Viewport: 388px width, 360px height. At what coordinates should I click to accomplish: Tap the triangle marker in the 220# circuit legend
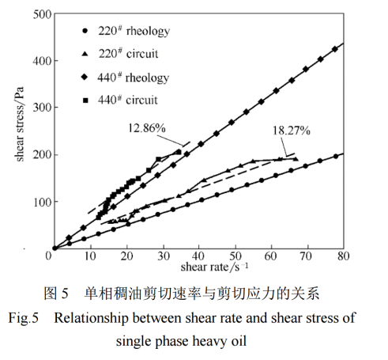tap(84, 55)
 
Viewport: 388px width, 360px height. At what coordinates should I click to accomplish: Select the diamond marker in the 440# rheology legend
tap(84, 78)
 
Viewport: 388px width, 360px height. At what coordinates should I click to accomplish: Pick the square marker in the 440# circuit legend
tap(84, 100)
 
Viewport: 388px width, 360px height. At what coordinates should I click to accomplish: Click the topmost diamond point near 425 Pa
tap(334, 49)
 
